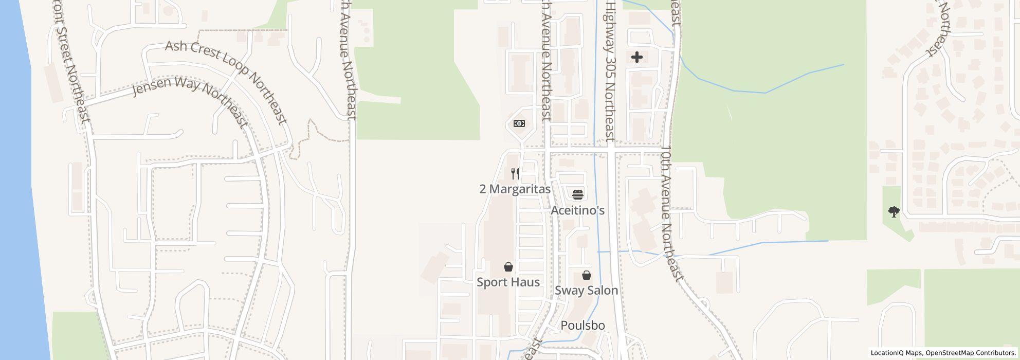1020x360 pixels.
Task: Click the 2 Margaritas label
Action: click(515, 189)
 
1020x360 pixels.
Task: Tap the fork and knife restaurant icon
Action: click(515, 174)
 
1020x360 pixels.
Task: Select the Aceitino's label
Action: click(577, 210)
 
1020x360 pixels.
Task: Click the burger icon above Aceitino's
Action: click(577, 195)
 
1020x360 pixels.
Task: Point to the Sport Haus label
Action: click(508, 282)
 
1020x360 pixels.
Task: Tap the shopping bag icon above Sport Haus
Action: click(508, 267)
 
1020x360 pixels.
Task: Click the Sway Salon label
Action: click(586, 291)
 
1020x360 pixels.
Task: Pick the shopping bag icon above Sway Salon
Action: click(586, 275)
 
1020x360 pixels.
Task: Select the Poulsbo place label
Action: click(582, 326)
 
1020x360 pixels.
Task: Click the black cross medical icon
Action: click(636, 57)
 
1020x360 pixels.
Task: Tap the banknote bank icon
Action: click(519, 123)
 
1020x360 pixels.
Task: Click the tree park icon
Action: click(894, 211)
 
